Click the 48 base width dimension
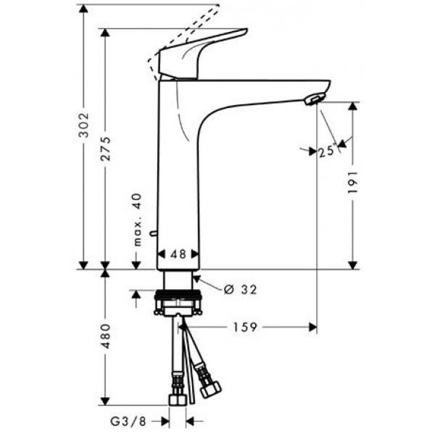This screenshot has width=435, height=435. point(177,254)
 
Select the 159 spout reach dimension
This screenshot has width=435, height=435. point(245,328)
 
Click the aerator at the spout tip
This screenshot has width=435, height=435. point(313,99)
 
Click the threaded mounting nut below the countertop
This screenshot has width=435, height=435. point(176,301)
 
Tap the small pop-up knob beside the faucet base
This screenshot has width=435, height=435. point(152,233)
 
